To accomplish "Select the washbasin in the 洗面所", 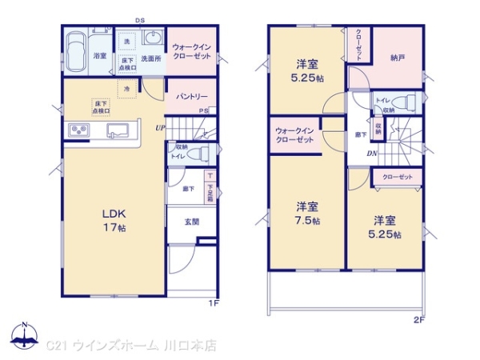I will [x=152, y=40].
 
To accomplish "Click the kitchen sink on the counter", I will [x=120, y=130].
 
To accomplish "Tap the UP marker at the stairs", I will [x=161, y=126].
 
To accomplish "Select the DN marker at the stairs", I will [x=372, y=154].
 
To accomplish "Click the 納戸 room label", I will [x=398, y=58].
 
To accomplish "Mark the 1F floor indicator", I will [x=214, y=302].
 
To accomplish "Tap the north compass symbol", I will [x=25, y=336].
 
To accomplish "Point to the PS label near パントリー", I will [x=204, y=110].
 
